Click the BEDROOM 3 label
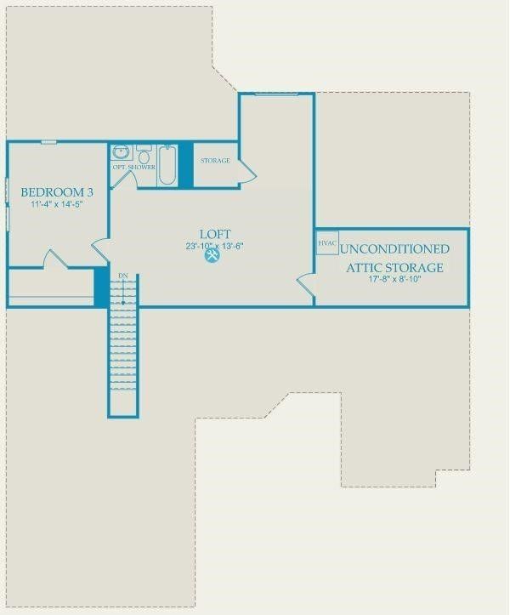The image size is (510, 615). click(57, 192)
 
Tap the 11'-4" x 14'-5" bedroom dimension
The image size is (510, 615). click(57, 204)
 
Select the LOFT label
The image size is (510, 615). click(215, 234)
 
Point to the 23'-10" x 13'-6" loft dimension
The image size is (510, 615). click(215, 247)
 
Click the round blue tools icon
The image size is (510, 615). click(212, 256)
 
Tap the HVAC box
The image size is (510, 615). click(327, 243)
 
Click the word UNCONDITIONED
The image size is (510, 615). click(394, 249)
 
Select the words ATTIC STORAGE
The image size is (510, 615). click(394, 268)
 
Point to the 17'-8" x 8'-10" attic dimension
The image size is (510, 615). click(394, 279)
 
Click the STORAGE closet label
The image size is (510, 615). click(215, 161)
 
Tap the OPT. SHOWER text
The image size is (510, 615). click(134, 167)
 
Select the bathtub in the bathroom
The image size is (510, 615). click(167, 165)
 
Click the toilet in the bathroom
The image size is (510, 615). click(144, 154)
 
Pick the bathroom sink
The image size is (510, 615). click(122, 151)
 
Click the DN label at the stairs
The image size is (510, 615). click(123, 276)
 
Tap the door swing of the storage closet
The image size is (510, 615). click(247, 171)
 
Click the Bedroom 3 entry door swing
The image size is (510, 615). click(100, 251)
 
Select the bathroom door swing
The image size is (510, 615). click(125, 179)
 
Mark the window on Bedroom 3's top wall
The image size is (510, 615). click(49, 142)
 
